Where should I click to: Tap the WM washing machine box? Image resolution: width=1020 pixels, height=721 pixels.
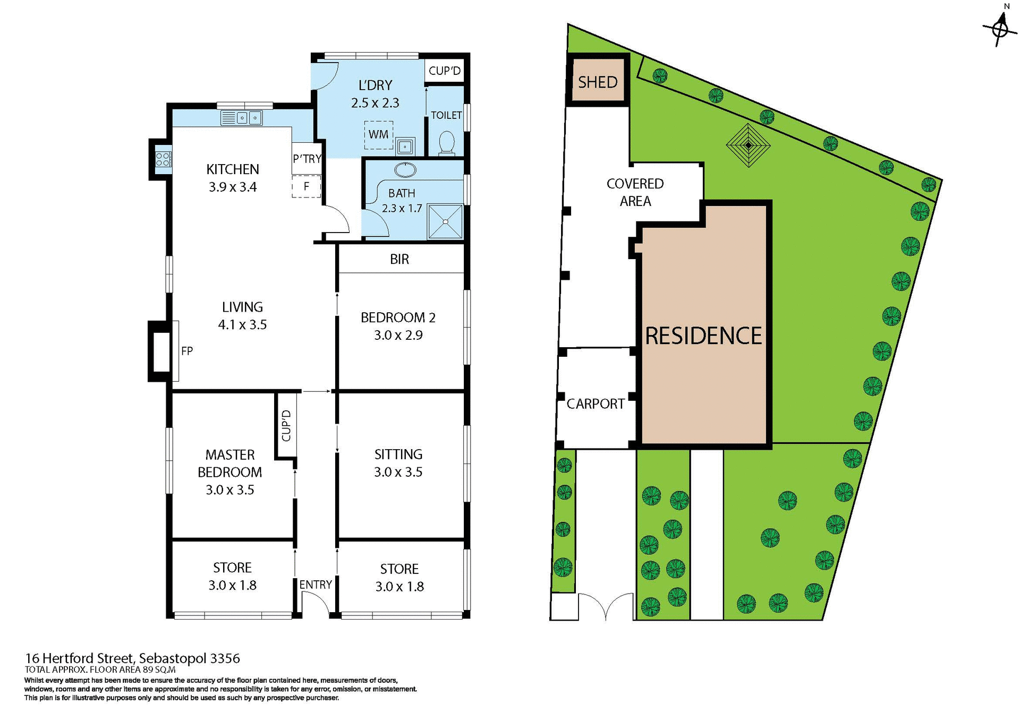(x=378, y=135)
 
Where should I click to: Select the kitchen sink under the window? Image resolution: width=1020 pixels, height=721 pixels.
(x=242, y=117)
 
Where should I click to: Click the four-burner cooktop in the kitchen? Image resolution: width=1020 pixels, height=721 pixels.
(x=163, y=159)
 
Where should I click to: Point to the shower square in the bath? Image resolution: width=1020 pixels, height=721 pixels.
(x=445, y=221)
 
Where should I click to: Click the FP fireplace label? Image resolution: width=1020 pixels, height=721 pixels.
(x=187, y=351)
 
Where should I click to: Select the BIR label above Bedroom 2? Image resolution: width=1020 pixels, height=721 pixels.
(x=399, y=259)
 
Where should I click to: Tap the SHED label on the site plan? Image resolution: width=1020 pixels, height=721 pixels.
(x=598, y=82)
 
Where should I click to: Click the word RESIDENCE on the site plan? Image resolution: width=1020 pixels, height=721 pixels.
(x=703, y=336)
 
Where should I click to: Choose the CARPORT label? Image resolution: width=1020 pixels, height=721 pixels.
(x=596, y=404)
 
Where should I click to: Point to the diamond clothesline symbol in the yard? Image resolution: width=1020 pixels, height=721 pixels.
(x=748, y=144)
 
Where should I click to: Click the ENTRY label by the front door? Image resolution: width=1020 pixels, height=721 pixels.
(x=316, y=585)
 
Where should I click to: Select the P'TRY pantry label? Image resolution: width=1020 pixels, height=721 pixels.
(x=307, y=159)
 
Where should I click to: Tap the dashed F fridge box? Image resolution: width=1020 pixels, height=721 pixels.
(x=306, y=187)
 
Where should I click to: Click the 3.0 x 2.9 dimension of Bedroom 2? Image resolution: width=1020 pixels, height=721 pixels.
(x=398, y=336)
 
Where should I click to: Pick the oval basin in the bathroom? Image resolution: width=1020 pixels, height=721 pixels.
(x=405, y=170)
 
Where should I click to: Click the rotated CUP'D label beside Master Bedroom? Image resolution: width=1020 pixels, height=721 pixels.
(x=286, y=426)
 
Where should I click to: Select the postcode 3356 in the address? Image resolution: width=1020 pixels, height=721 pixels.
(x=225, y=658)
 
